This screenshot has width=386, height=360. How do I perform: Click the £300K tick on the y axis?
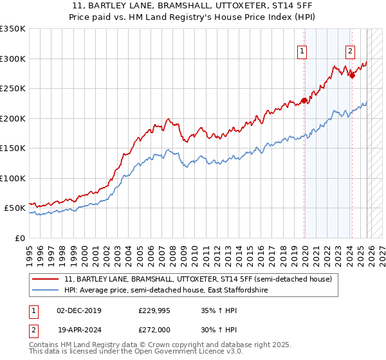[x=13, y=59]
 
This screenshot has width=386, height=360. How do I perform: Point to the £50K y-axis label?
[x=14, y=208]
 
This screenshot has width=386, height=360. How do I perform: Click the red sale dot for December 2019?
[x=304, y=100]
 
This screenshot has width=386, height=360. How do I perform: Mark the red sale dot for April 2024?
[x=352, y=75]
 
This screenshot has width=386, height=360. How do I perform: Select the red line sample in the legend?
[x=46, y=280]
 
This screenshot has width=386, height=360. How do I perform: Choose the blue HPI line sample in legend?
[x=46, y=291]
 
